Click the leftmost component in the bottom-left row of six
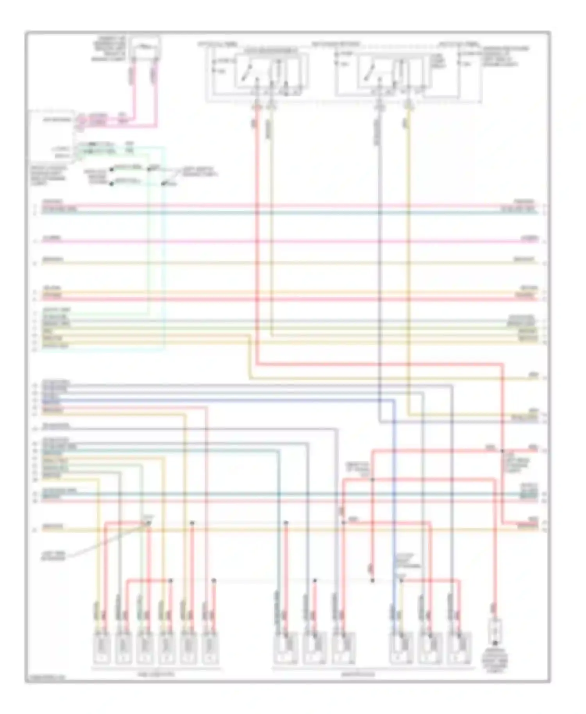coord(101,648)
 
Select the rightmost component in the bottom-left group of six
coord(211,648)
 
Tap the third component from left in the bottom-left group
coord(145,648)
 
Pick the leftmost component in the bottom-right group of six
coord(286,648)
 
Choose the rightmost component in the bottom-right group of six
coord(459,648)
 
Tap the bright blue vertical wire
coord(394,488)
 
